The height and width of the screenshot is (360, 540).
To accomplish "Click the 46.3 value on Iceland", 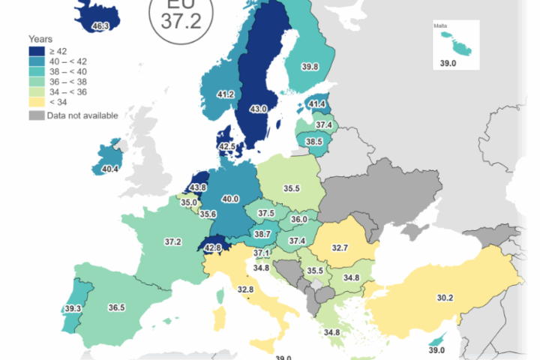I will coord(100,26).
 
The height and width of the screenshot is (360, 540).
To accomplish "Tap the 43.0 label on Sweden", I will coord(258,109).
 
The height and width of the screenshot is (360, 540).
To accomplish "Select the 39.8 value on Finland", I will coord(310,67).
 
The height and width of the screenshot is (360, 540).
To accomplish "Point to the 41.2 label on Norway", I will coord(225,95).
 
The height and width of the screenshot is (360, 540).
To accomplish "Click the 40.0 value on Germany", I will coord(230,199).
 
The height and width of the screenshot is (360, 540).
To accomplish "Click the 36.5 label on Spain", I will coord(116,307).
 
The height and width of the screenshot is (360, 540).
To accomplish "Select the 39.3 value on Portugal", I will coord(73,308).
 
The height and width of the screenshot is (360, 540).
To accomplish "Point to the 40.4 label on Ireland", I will coord(110,169).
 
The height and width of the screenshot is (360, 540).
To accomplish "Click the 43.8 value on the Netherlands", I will coord(199,187).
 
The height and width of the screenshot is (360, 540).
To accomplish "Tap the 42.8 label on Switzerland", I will coord(214,248).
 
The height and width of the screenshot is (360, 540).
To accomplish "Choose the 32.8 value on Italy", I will coord(245,289).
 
